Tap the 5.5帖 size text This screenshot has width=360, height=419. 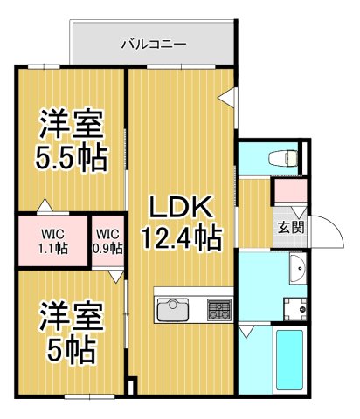click(x=72, y=158)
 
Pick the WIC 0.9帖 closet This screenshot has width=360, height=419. click(x=108, y=240)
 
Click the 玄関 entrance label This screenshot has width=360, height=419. click(x=291, y=227)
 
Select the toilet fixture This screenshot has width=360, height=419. click(x=280, y=158)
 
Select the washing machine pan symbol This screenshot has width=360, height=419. click(x=294, y=306)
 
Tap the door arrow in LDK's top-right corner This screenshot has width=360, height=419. click(x=225, y=99)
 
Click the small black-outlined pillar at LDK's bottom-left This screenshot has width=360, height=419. click(x=132, y=386)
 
